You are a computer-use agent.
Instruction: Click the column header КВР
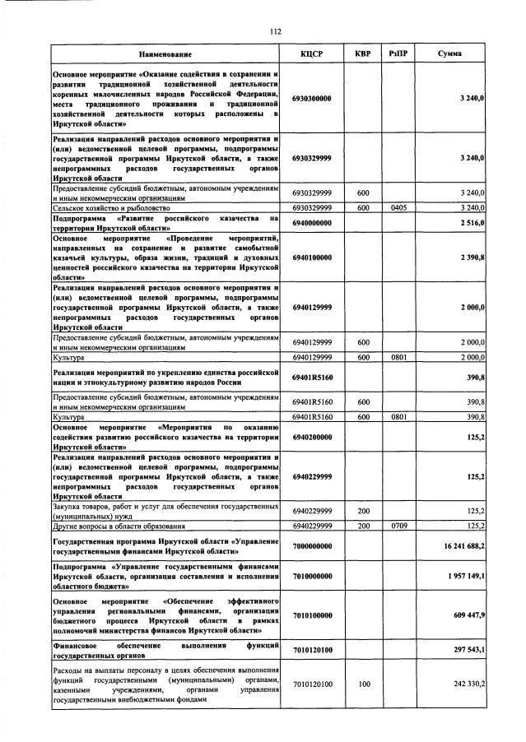tap(362, 53)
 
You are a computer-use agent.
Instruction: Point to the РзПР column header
tap(398, 53)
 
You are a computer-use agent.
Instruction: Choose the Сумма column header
tap(449, 53)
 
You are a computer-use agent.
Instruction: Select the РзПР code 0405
tap(398, 208)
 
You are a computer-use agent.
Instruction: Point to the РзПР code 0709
tap(398, 525)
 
